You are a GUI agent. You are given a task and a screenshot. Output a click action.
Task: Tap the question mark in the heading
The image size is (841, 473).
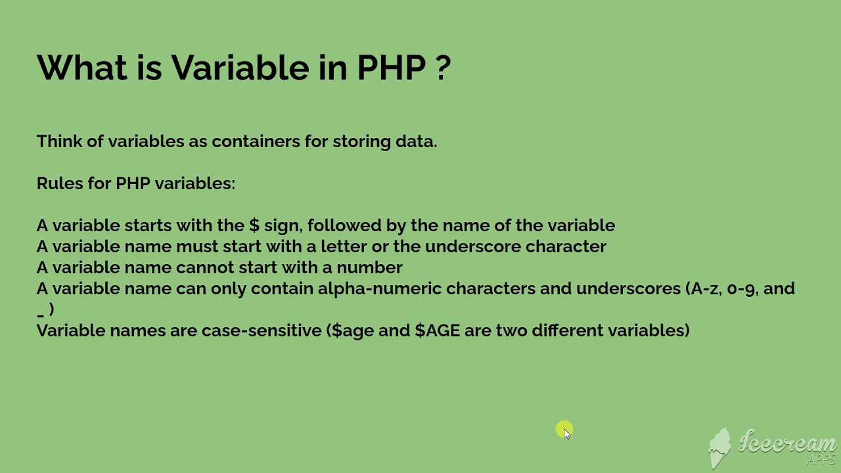coord(443,68)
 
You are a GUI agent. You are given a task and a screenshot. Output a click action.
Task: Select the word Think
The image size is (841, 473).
coord(58,141)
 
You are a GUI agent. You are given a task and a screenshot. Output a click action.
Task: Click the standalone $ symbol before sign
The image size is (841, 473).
coord(254,225)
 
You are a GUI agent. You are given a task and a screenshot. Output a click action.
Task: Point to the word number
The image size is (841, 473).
coord(369,267)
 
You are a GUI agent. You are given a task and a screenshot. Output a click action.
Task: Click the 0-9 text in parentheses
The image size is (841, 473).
coord(741,288)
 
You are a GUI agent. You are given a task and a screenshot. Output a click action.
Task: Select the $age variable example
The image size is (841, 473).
coord(353,331)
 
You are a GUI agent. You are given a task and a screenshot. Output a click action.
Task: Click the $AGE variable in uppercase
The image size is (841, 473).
coord(437,330)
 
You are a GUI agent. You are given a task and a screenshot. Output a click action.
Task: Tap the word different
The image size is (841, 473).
coord(567,330)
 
